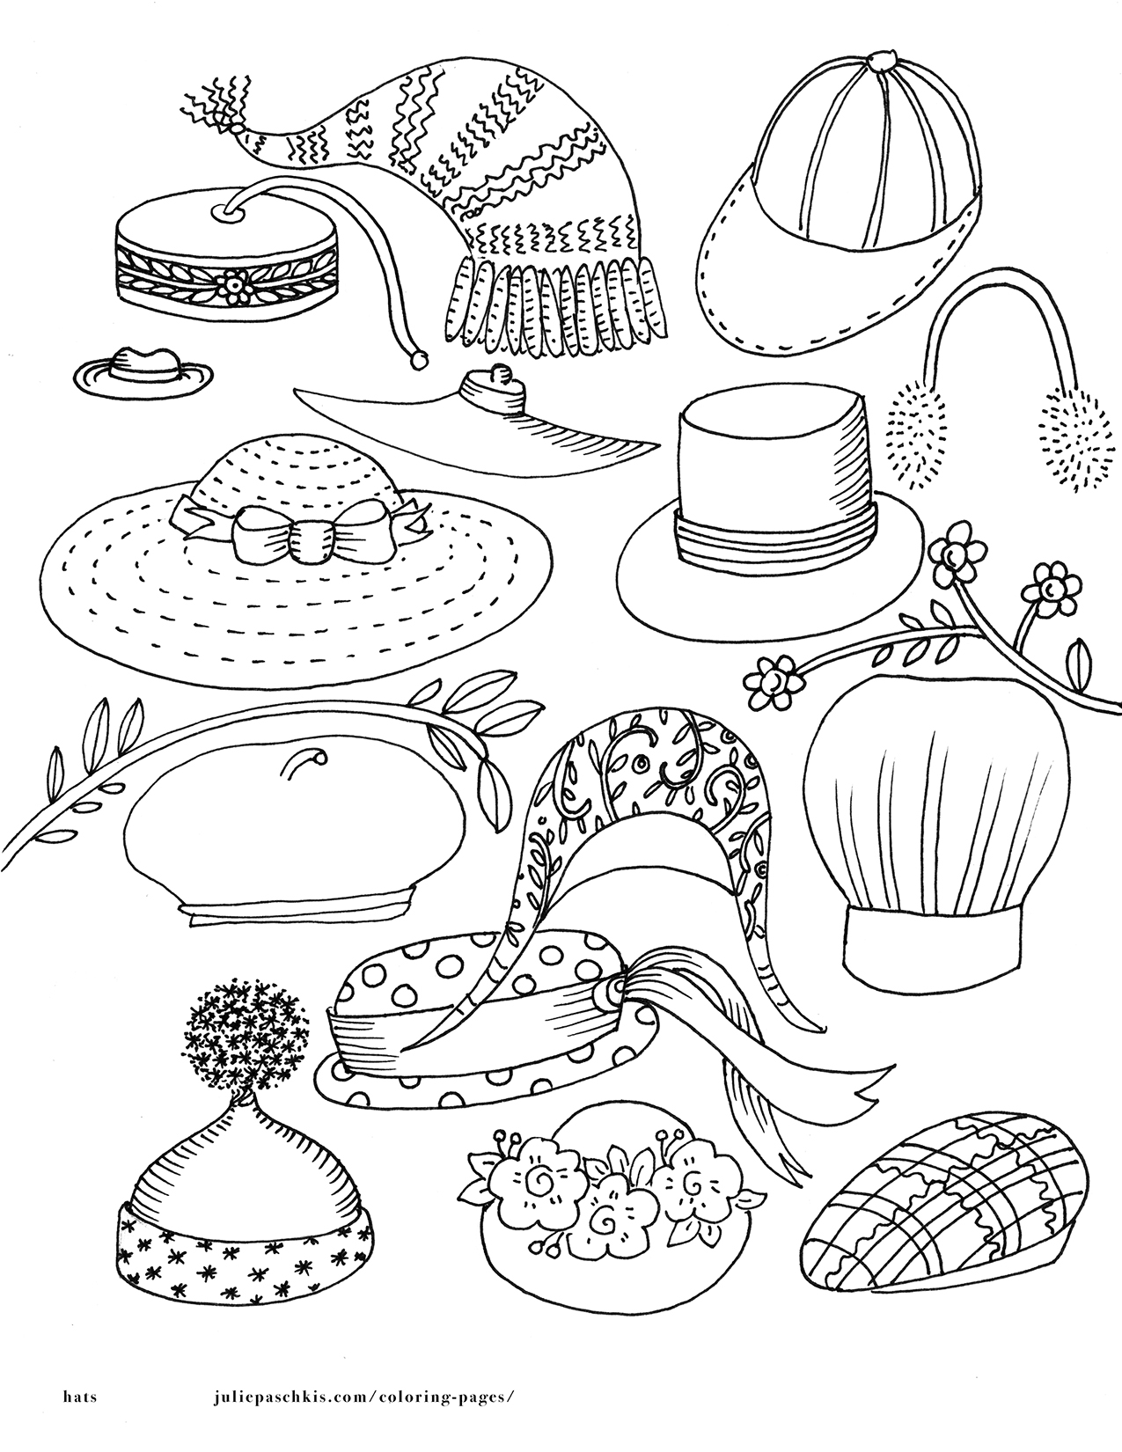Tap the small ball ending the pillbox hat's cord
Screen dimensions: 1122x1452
(418, 360)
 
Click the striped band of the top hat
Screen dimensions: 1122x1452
(774, 534)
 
